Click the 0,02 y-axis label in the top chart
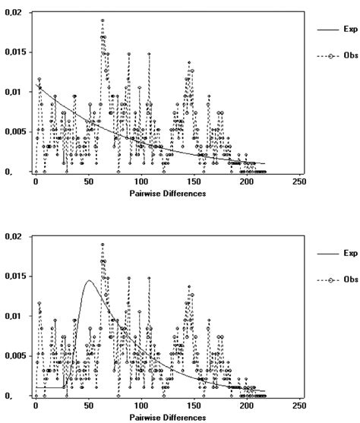point(14,13)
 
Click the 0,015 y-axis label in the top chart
point(16,52)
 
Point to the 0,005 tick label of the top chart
point(16,131)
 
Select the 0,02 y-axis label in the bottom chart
point(14,237)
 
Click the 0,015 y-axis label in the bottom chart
point(16,276)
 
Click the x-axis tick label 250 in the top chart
point(298,182)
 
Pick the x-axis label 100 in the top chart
point(141,182)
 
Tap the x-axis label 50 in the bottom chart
point(89,406)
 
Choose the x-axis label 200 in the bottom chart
point(246,406)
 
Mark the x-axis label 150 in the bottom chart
point(194,406)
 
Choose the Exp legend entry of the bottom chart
point(350,254)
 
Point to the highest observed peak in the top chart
point(103,21)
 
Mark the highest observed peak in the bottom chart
point(103,245)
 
